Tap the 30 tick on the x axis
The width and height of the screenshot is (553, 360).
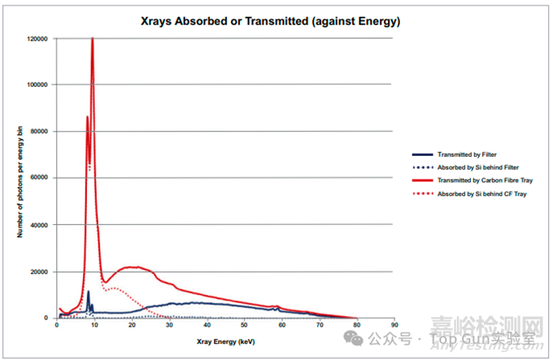coord(169,325)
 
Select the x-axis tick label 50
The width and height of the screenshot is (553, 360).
coord(244,325)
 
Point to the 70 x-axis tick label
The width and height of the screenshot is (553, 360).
coord(320,325)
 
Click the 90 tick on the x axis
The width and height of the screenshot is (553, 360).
coord(394,325)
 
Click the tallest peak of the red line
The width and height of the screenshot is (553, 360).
coord(93,39)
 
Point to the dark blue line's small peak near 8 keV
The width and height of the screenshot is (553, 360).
coord(88,291)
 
